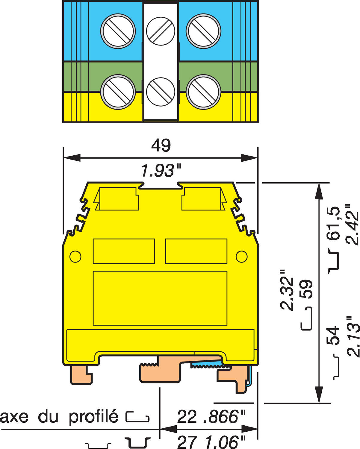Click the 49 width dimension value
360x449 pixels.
click(161, 145)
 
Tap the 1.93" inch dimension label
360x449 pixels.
click(161, 171)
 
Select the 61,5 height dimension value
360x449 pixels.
click(333, 223)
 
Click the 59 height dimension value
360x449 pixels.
click(306, 289)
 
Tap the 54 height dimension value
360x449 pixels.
click(333, 335)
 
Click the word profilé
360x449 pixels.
click(93, 416)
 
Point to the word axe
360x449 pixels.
click(14, 417)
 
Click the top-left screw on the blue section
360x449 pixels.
click(118, 31)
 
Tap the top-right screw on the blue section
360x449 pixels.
click(203, 31)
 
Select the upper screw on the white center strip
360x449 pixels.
click(161, 31)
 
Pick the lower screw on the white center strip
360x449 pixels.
click(161, 92)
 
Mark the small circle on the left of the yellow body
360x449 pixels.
click(75, 257)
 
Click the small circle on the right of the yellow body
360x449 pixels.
click(241, 257)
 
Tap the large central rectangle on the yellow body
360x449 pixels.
click(160, 298)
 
